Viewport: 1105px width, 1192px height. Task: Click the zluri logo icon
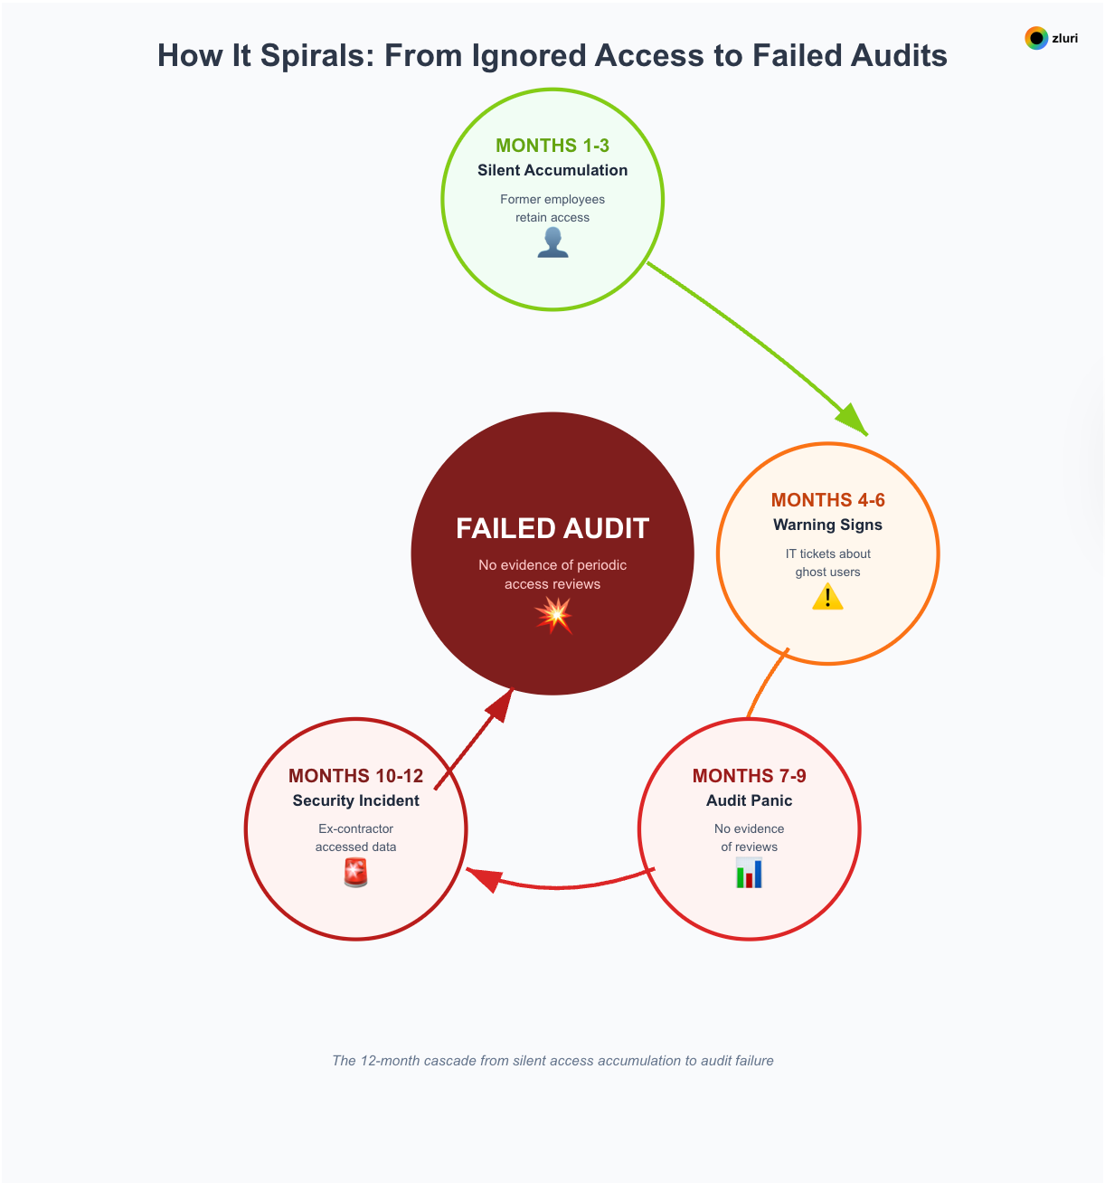click(1036, 38)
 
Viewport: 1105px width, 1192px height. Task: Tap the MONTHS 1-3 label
click(552, 146)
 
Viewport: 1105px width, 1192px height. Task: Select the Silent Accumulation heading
click(552, 170)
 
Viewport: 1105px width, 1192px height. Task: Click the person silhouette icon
click(552, 242)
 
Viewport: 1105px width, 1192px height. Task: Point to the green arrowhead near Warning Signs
click(852, 421)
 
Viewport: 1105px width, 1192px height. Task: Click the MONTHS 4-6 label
click(827, 500)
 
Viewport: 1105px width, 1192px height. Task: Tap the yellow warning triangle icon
click(827, 597)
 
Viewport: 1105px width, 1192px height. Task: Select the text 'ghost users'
click(827, 572)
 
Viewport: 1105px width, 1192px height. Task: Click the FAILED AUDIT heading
click(552, 528)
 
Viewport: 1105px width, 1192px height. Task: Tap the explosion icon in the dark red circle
click(553, 615)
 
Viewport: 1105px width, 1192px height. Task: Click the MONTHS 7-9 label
click(749, 776)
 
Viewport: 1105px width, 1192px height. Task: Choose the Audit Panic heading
click(749, 800)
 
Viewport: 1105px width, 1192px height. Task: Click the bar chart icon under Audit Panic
click(749, 874)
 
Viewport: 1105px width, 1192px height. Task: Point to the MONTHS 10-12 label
click(355, 776)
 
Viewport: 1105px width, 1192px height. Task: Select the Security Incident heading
click(355, 800)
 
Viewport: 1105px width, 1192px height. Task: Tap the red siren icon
click(355, 873)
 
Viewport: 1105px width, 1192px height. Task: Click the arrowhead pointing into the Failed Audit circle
click(500, 705)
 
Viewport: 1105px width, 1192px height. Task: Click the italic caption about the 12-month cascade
click(552, 1061)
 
